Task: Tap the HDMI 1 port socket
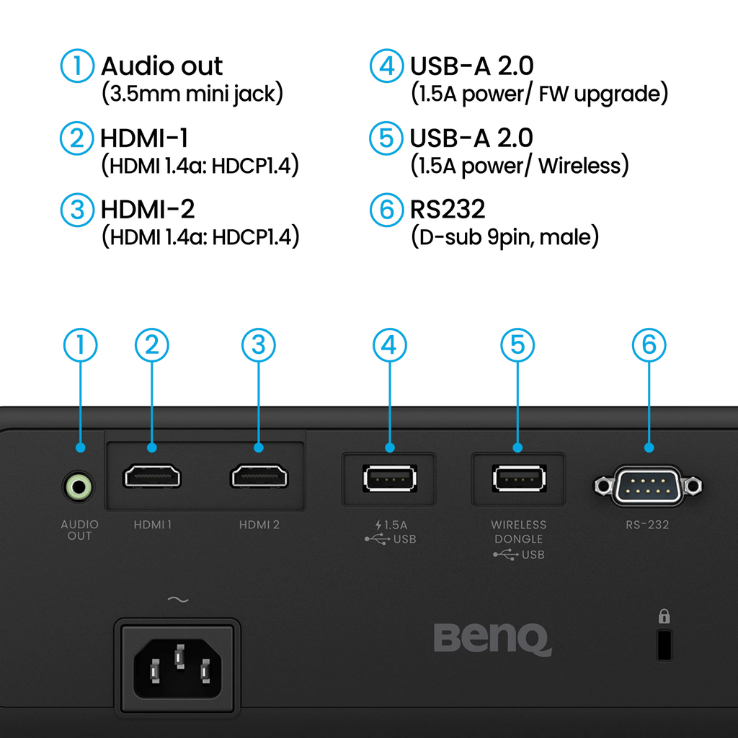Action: (x=151, y=477)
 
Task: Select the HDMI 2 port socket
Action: (x=259, y=477)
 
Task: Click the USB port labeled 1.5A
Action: (x=390, y=479)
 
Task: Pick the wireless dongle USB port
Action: (x=518, y=478)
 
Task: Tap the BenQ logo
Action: (x=492, y=639)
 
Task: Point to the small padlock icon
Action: (x=664, y=616)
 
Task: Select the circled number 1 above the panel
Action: (x=79, y=346)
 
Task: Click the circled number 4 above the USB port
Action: (x=390, y=346)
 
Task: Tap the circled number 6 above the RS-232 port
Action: (x=649, y=346)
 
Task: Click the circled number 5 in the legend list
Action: (x=385, y=138)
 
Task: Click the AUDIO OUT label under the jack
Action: (x=79, y=530)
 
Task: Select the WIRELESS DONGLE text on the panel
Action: (x=518, y=532)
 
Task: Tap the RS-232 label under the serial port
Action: (x=647, y=525)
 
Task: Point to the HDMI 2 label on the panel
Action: (x=259, y=525)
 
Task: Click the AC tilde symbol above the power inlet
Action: (x=177, y=600)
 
